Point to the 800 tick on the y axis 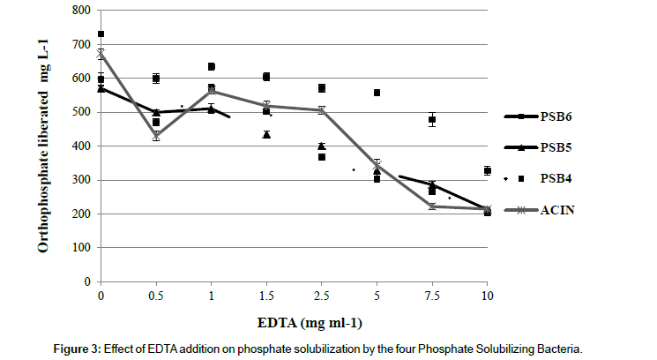pyautogui.click(x=82, y=11)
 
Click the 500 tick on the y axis pyautogui.click(x=82, y=112)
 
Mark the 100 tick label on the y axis pyautogui.click(x=82, y=248)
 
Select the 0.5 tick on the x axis pyautogui.click(x=156, y=295)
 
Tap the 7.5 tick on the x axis pyautogui.click(x=431, y=295)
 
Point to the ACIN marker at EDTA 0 pyautogui.click(x=101, y=54)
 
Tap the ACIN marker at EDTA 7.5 pyautogui.click(x=431, y=206)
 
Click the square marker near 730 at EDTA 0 pyautogui.click(x=101, y=34)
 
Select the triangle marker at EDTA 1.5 pyautogui.click(x=266, y=134)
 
